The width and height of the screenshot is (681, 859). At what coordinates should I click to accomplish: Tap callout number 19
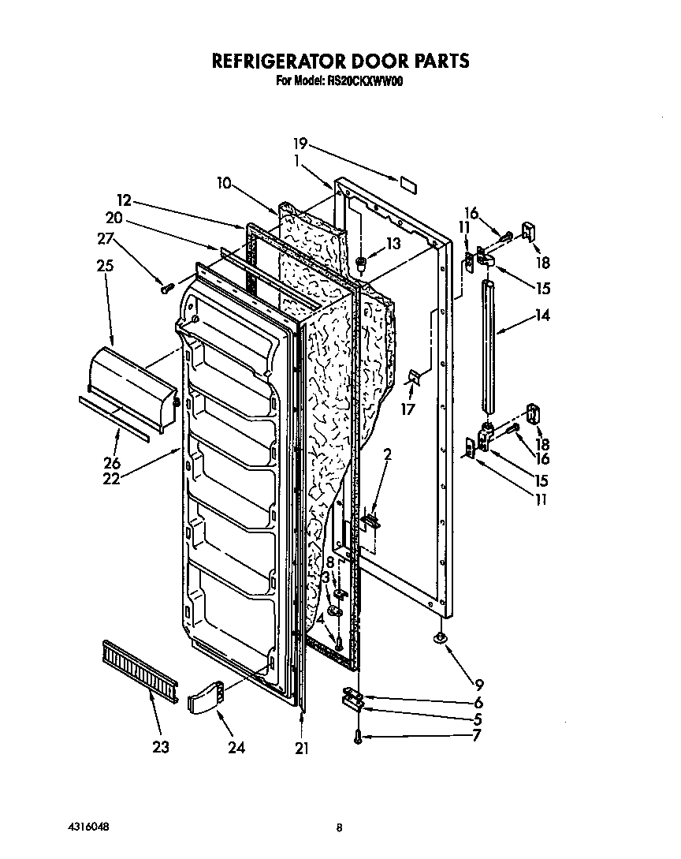point(300,144)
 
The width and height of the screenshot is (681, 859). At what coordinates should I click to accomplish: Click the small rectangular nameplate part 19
point(407,185)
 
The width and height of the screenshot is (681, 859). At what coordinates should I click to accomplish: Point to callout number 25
point(105,267)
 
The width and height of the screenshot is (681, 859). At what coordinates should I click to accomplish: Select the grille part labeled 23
point(139,667)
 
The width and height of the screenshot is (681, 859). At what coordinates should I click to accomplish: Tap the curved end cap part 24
point(207,697)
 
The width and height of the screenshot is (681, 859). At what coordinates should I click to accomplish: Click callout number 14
point(541,316)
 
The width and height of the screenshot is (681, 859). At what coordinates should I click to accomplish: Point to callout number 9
point(478,685)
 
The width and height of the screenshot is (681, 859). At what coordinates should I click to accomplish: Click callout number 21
point(300,749)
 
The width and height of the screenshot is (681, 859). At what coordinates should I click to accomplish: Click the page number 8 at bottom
point(339,828)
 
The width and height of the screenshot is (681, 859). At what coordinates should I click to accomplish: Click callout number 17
point(408,409)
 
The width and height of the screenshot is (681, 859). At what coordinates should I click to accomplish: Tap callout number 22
point(111,478)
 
